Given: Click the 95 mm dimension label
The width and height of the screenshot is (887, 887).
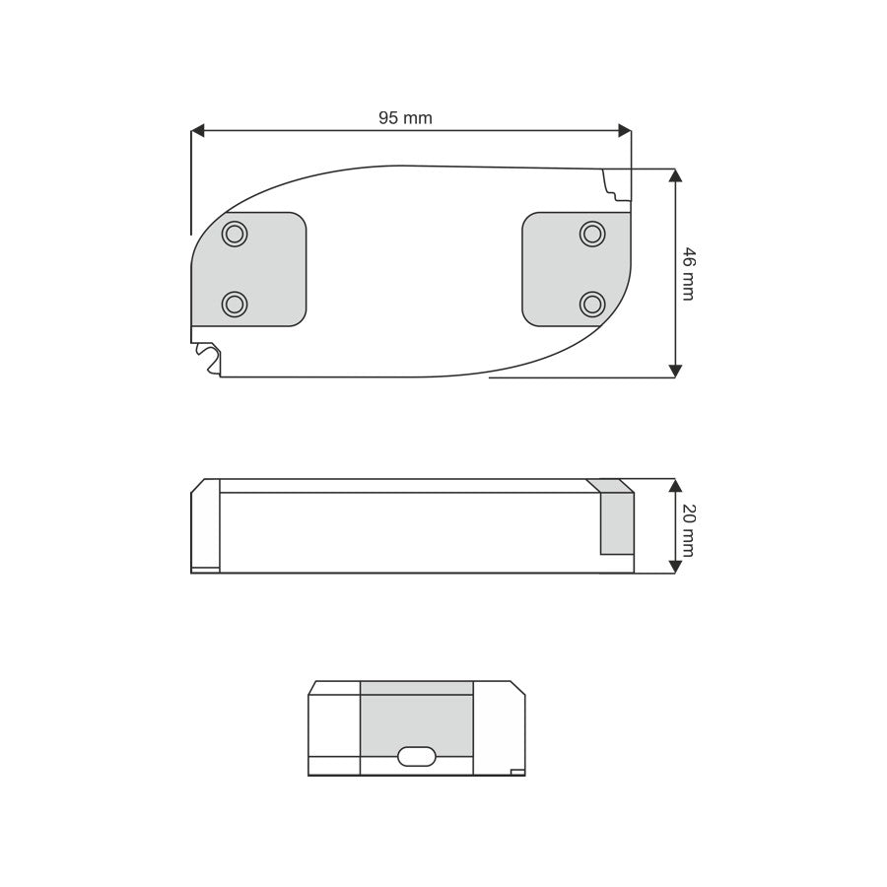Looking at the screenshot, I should [405, 118].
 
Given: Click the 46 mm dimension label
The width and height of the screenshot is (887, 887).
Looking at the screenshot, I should [688, 273].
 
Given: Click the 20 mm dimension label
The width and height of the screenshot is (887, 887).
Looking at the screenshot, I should [688, 529].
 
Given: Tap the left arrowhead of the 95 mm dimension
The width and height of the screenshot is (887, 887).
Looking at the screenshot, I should [198, 130].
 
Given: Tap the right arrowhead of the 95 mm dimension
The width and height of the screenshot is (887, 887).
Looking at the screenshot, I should [624, 130].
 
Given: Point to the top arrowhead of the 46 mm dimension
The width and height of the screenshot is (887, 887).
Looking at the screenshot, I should [675, 175].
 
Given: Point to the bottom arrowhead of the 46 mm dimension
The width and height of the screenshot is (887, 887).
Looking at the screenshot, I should [675, 371].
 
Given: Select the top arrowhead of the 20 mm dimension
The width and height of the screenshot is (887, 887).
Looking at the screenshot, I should [675, 485].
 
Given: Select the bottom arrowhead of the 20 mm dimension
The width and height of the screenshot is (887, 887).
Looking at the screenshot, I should [675, 566].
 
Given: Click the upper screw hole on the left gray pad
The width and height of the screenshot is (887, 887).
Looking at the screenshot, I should [235, 234].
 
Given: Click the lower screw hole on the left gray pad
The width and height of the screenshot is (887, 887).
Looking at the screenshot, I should [235, 304].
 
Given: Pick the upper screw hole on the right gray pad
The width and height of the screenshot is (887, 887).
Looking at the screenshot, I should [592, 234].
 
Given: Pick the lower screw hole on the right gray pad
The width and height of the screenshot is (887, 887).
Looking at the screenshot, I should [592, 304].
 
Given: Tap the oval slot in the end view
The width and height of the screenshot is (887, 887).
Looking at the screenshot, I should [416, 756].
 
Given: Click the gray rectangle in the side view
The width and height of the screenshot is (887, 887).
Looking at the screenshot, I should [617, 523].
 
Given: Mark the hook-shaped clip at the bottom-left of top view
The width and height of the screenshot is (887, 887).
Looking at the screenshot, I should [208, 357].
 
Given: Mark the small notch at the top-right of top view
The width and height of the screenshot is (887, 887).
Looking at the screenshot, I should [616, 182].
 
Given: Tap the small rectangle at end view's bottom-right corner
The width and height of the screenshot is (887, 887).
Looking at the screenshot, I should [517, 772].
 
